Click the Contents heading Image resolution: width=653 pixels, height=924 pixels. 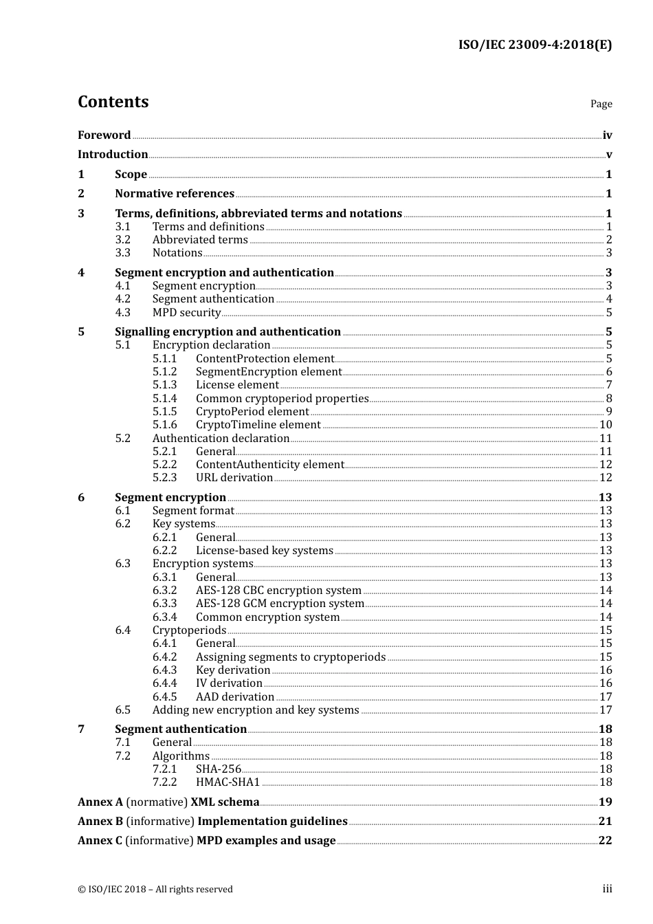[x=113, y=102]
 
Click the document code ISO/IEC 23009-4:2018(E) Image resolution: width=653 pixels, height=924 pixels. [x=535, y=45]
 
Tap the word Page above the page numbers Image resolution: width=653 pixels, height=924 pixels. [x=601, y=104]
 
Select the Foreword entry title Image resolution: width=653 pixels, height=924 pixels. [x=104, y=135]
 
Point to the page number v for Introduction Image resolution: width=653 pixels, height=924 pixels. [x=608, y=155]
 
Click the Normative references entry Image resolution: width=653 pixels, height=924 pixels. [x=175, y=194]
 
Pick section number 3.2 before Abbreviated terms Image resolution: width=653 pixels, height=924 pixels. [x=122, y=240]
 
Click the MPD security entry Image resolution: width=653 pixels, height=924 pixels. [x=186, y=313]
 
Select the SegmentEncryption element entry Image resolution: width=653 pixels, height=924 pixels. [x=268, y=372]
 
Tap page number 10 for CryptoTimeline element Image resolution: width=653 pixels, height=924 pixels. [x=606, y=425]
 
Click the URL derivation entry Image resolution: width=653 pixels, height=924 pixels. [x=234, y=478]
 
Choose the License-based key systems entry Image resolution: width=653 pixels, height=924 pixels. [x=264, y=551]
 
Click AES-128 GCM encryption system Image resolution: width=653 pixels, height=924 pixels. [x=280, y=604]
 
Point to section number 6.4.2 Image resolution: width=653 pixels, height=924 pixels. [x=164, y=657]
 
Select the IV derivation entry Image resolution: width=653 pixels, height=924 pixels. [x=229, y=683]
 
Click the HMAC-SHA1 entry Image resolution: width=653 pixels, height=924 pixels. [x=228, y=782]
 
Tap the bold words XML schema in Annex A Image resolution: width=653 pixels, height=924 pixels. [x=225, y=802]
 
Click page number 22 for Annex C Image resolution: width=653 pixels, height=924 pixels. [x=605, y=841]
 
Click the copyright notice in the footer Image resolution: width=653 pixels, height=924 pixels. [x=155, y=890]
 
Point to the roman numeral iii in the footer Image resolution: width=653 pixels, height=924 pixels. [x=607, y=889]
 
